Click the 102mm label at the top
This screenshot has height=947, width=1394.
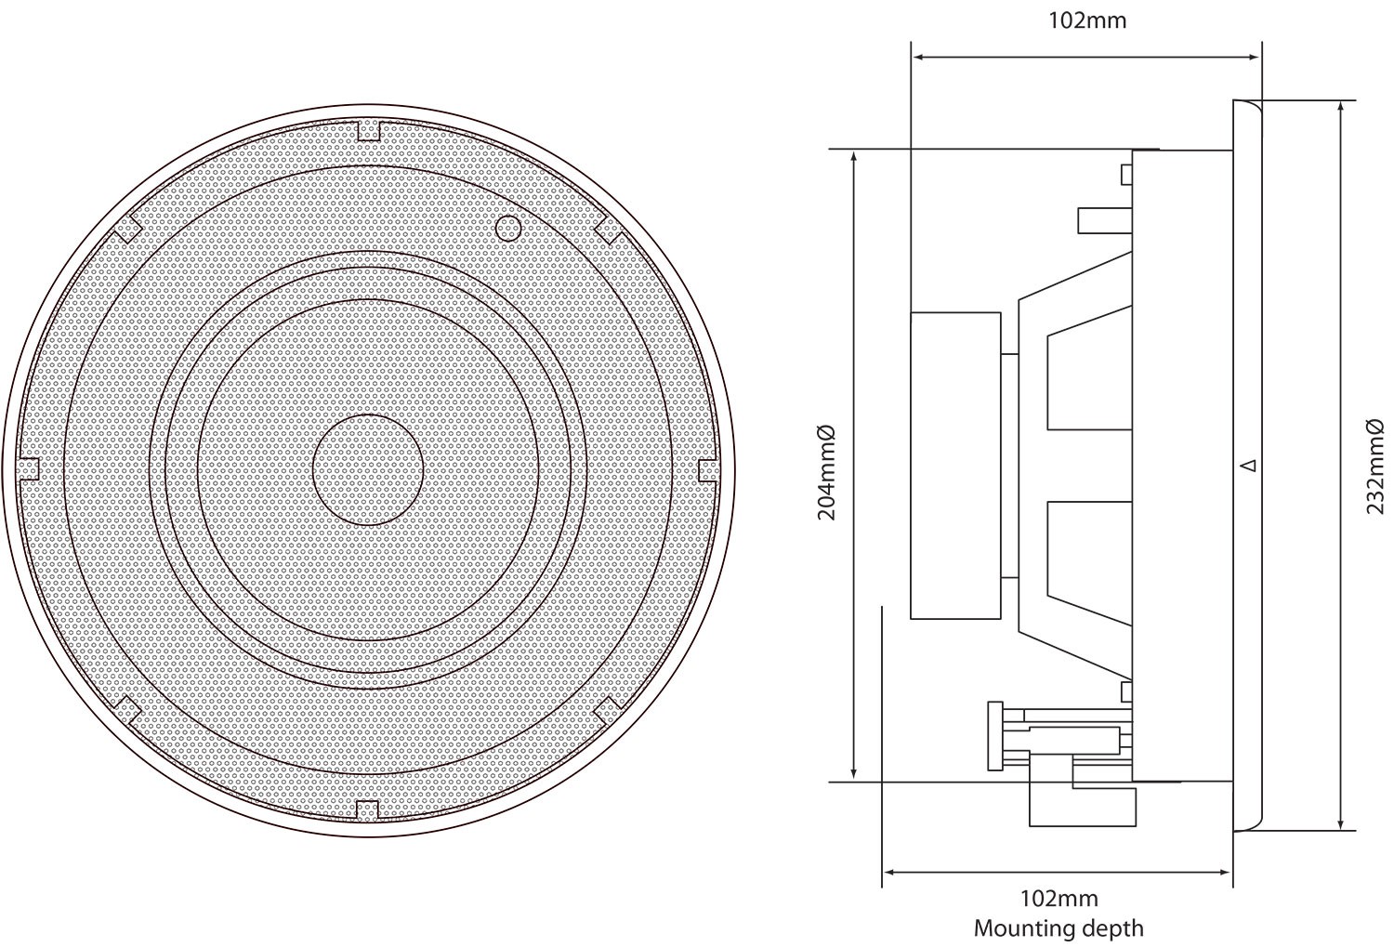[x=1086, y=20]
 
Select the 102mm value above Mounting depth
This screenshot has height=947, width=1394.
[x=1059, y=899]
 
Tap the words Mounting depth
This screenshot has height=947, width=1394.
[x=1059, y=927]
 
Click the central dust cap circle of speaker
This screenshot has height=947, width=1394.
[x=368, y=470]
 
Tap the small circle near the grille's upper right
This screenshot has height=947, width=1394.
[x=507, y=227]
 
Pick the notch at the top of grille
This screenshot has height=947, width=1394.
[x=369, y=131]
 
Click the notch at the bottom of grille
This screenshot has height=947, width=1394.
[x=368, y=809]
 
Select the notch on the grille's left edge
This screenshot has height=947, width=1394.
[x=30, y=469]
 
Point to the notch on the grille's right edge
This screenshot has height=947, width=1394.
[x=707, y=469]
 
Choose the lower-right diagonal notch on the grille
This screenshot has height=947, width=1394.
[x=608, y=710]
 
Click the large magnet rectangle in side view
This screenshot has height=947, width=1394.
[x=955, y=465]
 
